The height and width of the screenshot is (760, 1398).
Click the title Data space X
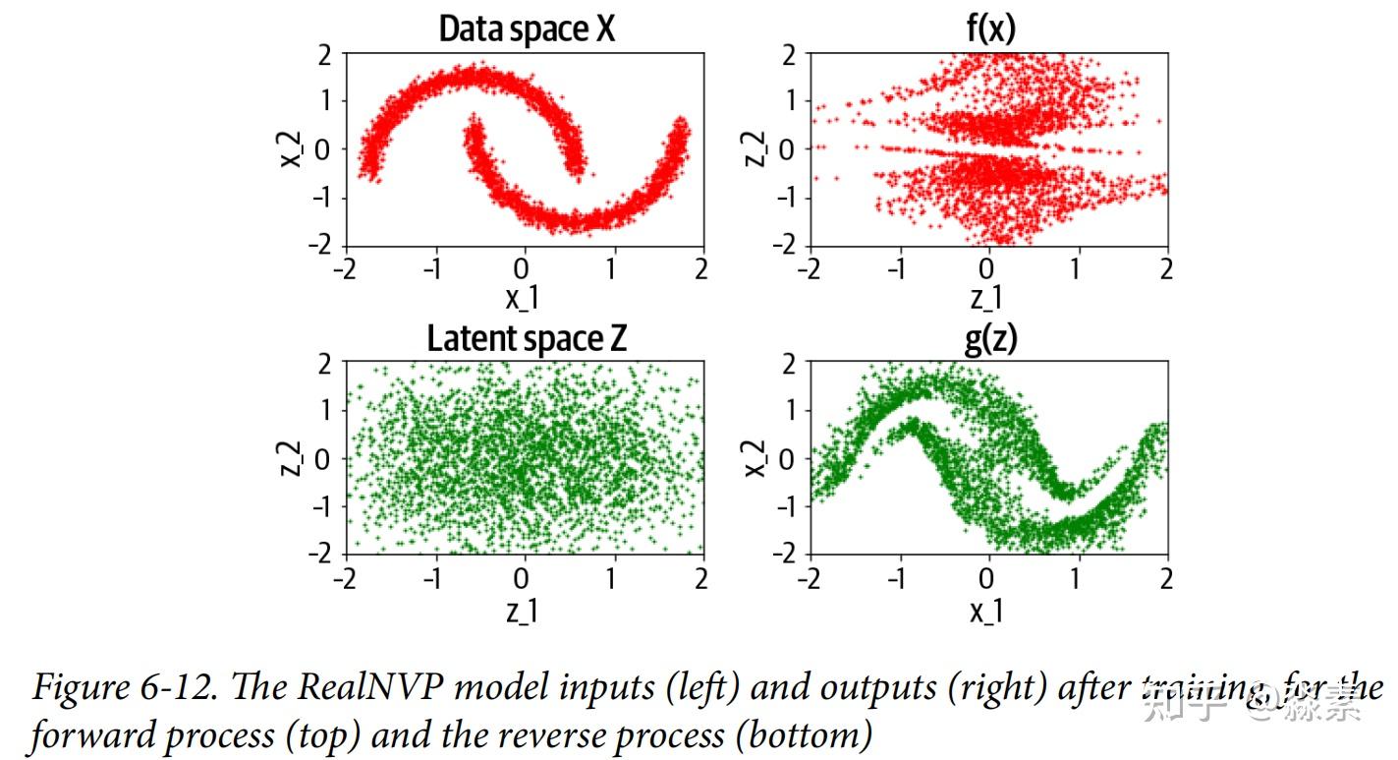coord(527,29)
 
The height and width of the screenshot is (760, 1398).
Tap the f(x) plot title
coord(989,29)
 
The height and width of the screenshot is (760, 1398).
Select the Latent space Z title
coord(527,339)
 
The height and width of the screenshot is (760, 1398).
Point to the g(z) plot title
coord(989,339)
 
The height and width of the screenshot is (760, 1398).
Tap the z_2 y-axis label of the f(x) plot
coord(755,149)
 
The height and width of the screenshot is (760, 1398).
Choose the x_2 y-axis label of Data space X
coord(292,149)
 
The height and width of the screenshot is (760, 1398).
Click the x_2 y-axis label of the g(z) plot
coord(755,458)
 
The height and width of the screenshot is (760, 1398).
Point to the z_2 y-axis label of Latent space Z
coord(292,458)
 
